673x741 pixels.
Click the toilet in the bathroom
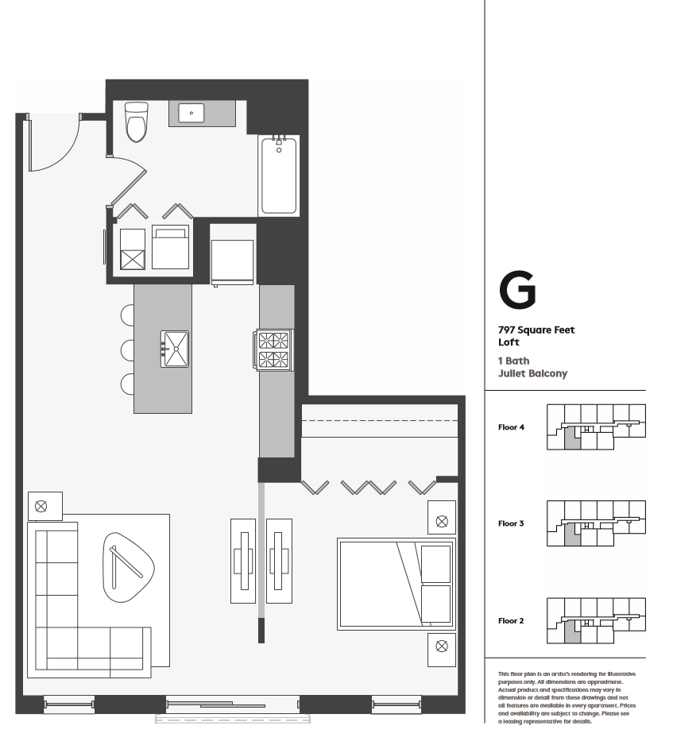(137, 122)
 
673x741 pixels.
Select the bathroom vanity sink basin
(191, 114)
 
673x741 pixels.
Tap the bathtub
(279, 176)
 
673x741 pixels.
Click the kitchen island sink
(176, 349)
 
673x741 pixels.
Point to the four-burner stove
(273, 349)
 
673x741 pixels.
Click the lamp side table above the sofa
(42, 504)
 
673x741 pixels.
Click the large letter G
(516, 291)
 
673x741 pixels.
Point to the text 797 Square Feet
(536, 330)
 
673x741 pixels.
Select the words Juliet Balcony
(532, 373)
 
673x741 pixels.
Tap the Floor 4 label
(510, 426)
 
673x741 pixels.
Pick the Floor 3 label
(510, 523)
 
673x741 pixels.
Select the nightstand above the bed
(442, 519)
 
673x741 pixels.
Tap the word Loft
(509, 342)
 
